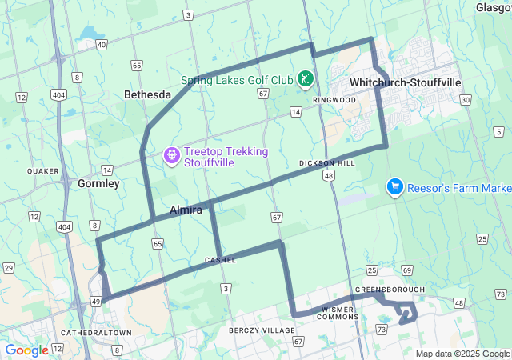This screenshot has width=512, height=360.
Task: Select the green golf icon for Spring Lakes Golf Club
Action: [305, 78]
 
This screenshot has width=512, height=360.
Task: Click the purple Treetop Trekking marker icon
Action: [170, 154]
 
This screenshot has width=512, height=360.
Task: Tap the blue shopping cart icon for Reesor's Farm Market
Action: [394, 187]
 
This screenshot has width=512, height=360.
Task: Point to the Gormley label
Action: [98, 183]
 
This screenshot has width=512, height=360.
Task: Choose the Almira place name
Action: [185, 210]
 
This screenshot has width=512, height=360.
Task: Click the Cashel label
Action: [220, 260]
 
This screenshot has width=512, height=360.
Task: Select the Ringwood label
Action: [334, 100]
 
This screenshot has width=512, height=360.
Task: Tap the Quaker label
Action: [38, 171]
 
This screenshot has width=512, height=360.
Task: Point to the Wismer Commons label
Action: [343, 313]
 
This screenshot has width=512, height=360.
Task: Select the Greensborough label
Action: [390, 290]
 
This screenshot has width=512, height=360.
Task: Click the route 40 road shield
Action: [102, 45]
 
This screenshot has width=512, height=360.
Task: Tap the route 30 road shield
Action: [465, 99]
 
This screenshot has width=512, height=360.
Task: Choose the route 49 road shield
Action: [95, 301]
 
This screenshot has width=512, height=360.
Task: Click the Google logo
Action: [26, 350]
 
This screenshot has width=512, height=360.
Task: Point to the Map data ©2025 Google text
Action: [462, 354]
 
